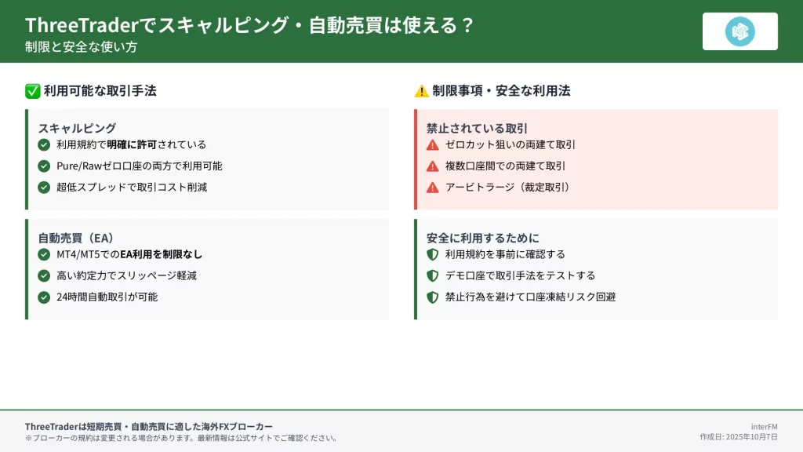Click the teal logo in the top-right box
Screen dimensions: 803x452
[x=740, y=31]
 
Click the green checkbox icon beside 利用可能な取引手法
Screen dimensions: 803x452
[x=33, y=91]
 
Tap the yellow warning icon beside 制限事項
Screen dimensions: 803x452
[x=421, y=91]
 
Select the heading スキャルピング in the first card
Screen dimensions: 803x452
[x=78, y=128]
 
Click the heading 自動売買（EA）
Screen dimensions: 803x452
[x=76, y=238]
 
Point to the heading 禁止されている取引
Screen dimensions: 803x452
[x=477, y=128]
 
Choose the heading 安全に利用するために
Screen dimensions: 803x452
[x=483, y=238]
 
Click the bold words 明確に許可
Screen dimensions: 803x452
[x=132, y=144]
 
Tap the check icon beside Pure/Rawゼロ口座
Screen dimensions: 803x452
[x=44, y=166]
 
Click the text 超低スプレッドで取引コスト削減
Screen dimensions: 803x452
[x=132, y=187]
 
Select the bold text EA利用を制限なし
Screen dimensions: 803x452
[x=162, y=254]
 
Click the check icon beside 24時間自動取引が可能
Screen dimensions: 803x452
[x=44, y=297]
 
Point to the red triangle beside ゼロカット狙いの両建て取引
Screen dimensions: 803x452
[x=433, y=145]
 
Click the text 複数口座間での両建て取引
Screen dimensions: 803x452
[x=505, y=166]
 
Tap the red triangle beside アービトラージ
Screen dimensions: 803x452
[x=433, y=188]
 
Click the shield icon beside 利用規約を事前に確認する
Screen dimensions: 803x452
[x=433, y=254]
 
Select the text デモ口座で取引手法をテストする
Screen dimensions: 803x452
[x=521, y=275]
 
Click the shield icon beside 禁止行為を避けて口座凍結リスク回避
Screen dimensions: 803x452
[x=433, y=297]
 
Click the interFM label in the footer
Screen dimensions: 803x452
[x=764, y=426]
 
